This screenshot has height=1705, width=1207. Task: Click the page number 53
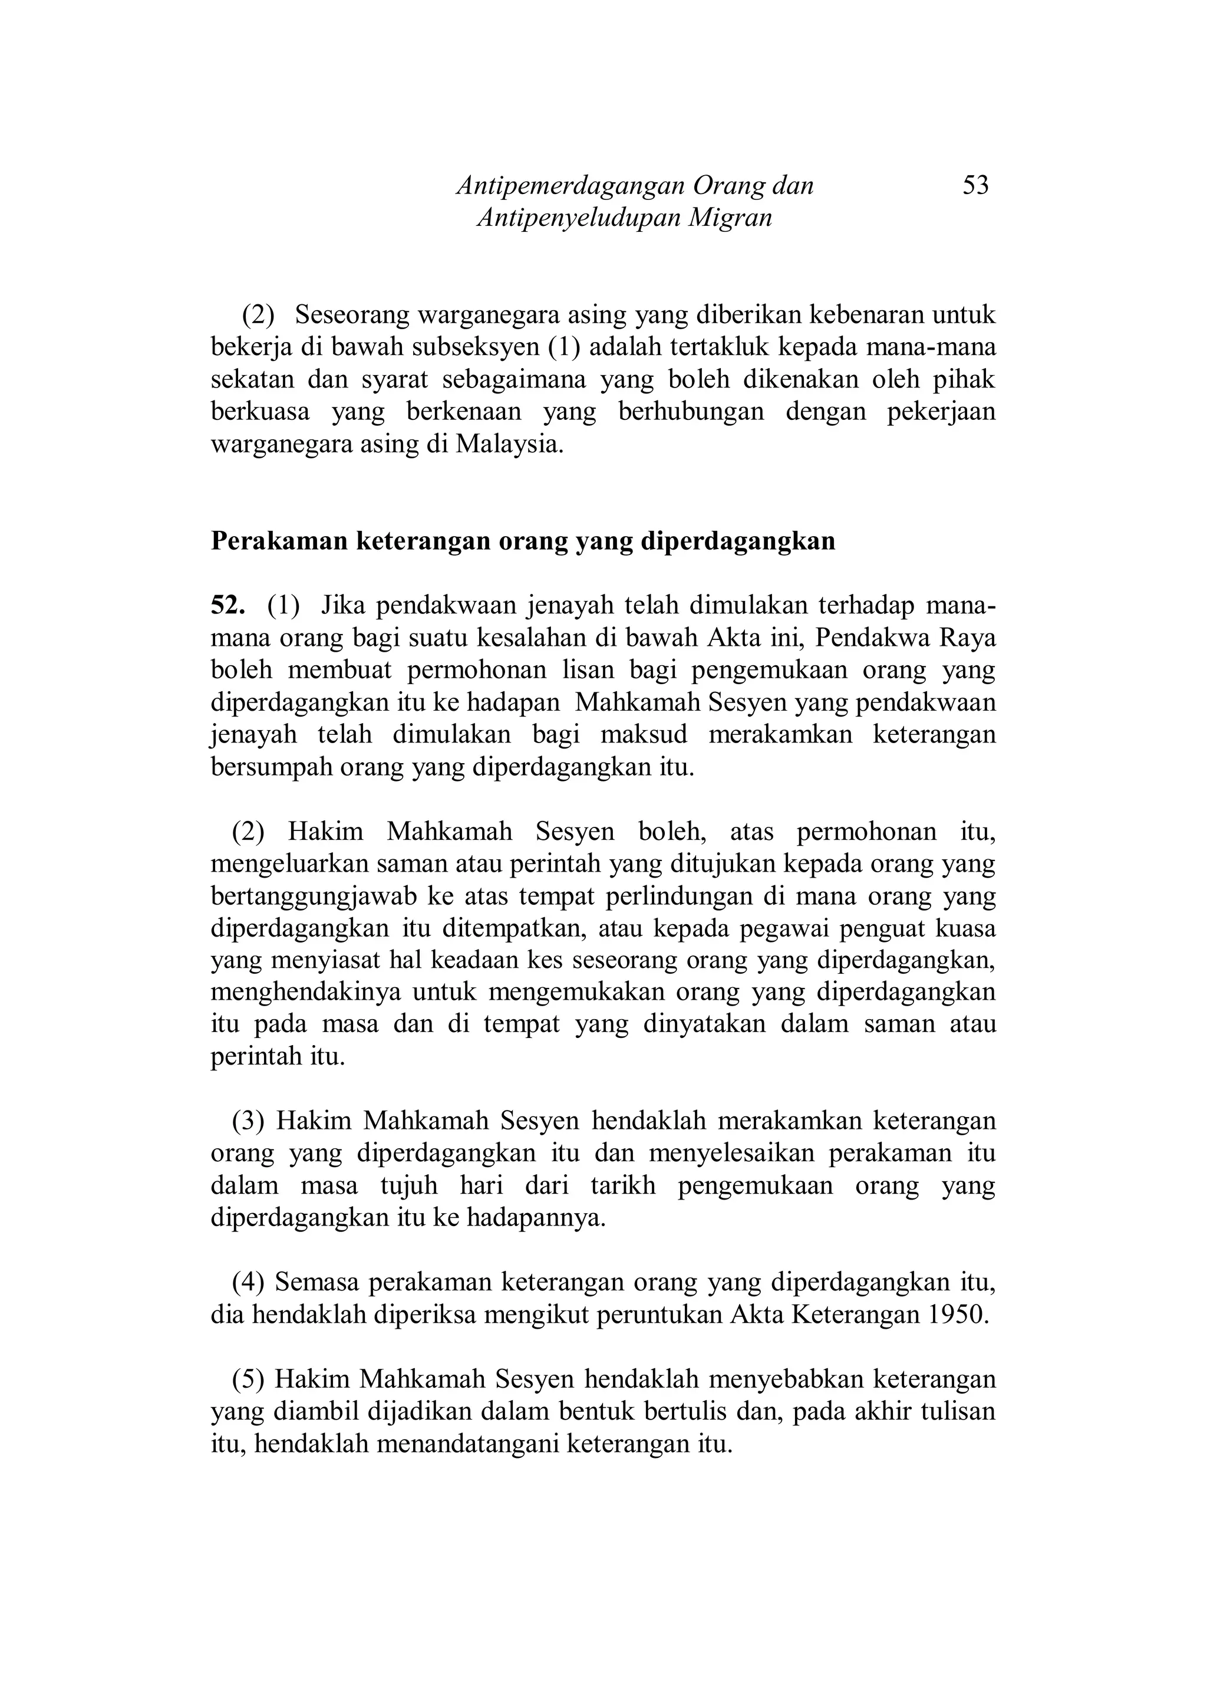click(x=975, y=185)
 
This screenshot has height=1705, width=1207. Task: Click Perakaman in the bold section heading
click(x=278, y=541)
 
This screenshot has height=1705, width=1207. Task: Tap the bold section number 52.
click(x=227, y=606)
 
